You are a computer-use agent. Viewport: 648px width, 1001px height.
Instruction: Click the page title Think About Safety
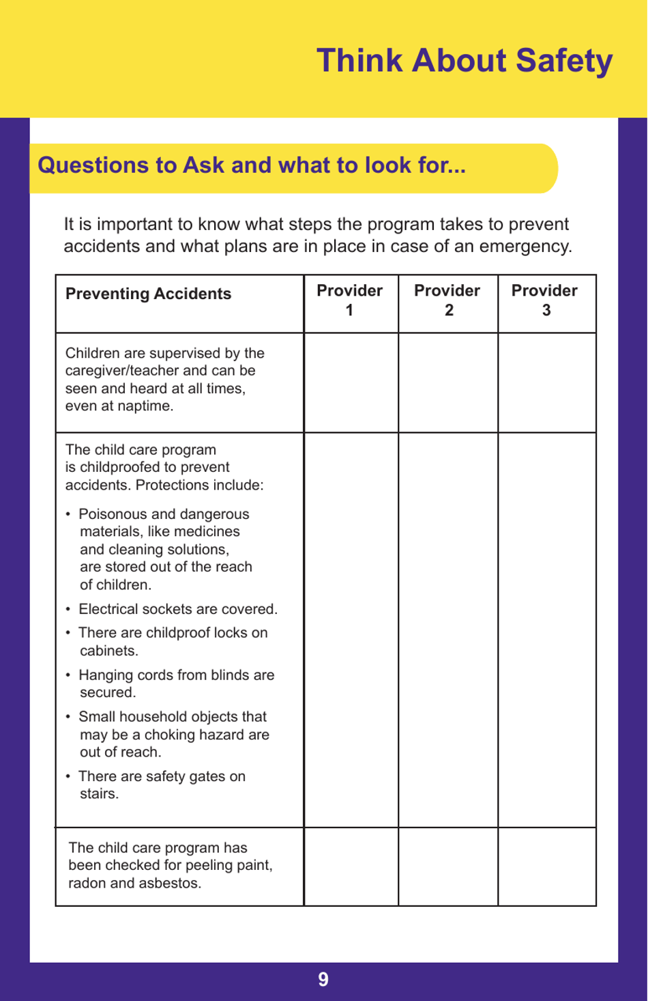[465, 61]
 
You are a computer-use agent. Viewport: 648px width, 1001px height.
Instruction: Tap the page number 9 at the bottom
[323, 980]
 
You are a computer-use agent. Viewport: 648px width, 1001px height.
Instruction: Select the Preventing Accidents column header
[148, 294]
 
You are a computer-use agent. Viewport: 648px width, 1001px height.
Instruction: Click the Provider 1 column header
[349, 300]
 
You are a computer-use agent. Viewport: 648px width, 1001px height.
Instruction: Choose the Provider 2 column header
[447, 300]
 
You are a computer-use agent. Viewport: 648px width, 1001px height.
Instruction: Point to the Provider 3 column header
[545, 300]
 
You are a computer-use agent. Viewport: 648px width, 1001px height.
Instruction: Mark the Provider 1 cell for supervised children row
[351, 382]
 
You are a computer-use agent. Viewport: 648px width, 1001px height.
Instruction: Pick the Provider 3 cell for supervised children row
[547, 382]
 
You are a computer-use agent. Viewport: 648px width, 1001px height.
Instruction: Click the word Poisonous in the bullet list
[106, 514]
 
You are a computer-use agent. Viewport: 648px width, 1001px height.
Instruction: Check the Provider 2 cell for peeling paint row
[448, 867]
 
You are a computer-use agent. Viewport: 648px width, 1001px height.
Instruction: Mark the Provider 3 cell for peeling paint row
[547, 867]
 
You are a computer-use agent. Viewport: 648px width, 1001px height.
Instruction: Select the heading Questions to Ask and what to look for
[251, 166]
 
